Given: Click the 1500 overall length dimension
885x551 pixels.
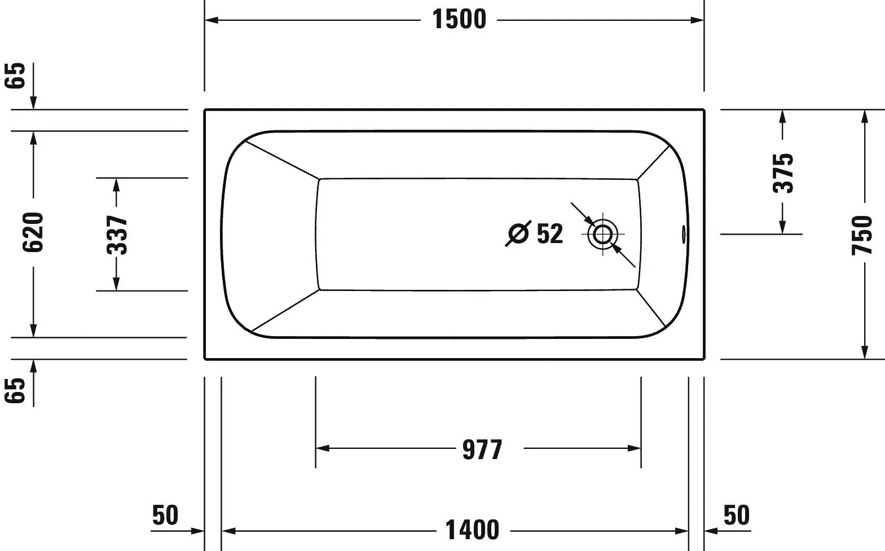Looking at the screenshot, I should point(459,20).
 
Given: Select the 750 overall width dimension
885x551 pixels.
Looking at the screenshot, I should point(862,235).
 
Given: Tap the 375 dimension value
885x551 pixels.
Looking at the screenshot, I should point(782,172).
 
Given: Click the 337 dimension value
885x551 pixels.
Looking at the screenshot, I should point(117,234).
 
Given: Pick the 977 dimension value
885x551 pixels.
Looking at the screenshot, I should point(482,449).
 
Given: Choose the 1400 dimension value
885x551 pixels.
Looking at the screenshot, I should point(472,530).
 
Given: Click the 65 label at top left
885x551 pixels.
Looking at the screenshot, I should point(16,75).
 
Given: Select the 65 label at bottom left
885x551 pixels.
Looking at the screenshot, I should point(16,390).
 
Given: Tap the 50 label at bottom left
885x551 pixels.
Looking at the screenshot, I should point(165,515).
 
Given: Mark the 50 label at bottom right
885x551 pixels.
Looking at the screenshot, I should point(736,515).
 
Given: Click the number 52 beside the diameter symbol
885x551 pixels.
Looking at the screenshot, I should point(549,233).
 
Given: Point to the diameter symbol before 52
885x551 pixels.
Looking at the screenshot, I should point(518,233).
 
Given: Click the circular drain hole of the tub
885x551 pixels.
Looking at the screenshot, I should point(602,233).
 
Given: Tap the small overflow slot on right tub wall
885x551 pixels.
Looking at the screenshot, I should point(684,233).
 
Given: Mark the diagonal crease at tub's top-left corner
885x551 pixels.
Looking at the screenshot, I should point(282,159).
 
